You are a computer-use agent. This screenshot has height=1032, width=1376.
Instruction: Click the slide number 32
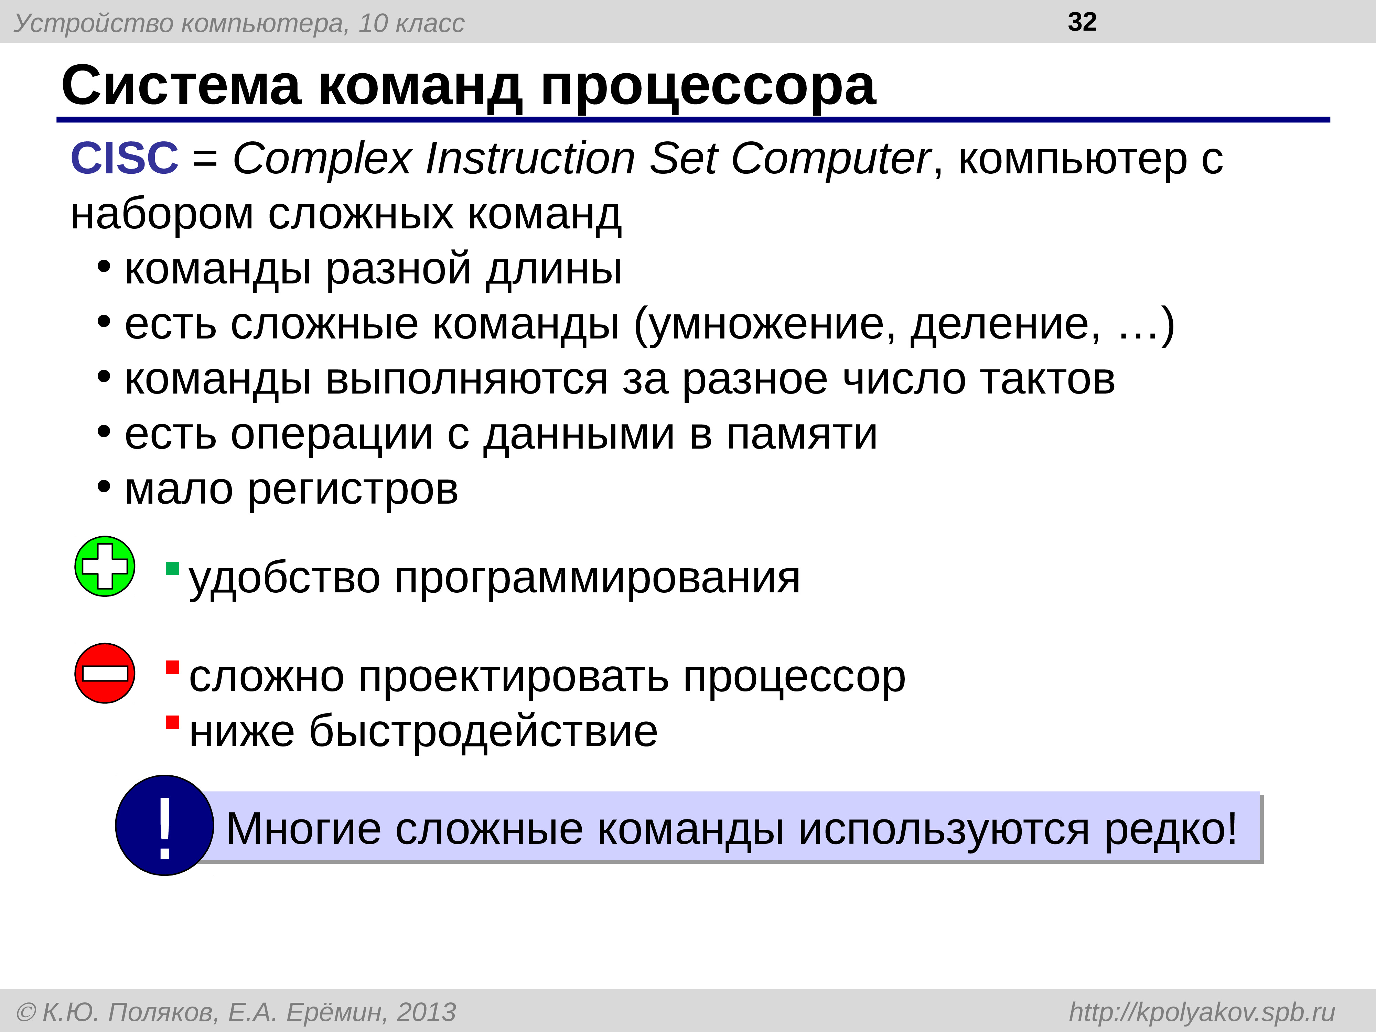click(x=1082, y=22)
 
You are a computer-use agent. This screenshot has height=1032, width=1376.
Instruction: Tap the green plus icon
click(x=105, y=566)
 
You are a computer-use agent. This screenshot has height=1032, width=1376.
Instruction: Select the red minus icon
click(x=105, y=673)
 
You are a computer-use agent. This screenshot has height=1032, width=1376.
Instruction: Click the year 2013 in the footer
click(x=426, y=1012)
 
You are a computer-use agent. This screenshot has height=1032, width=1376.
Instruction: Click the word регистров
click(x=353, y=490)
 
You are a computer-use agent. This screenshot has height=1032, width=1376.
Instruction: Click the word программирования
click(x=597, y=579)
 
